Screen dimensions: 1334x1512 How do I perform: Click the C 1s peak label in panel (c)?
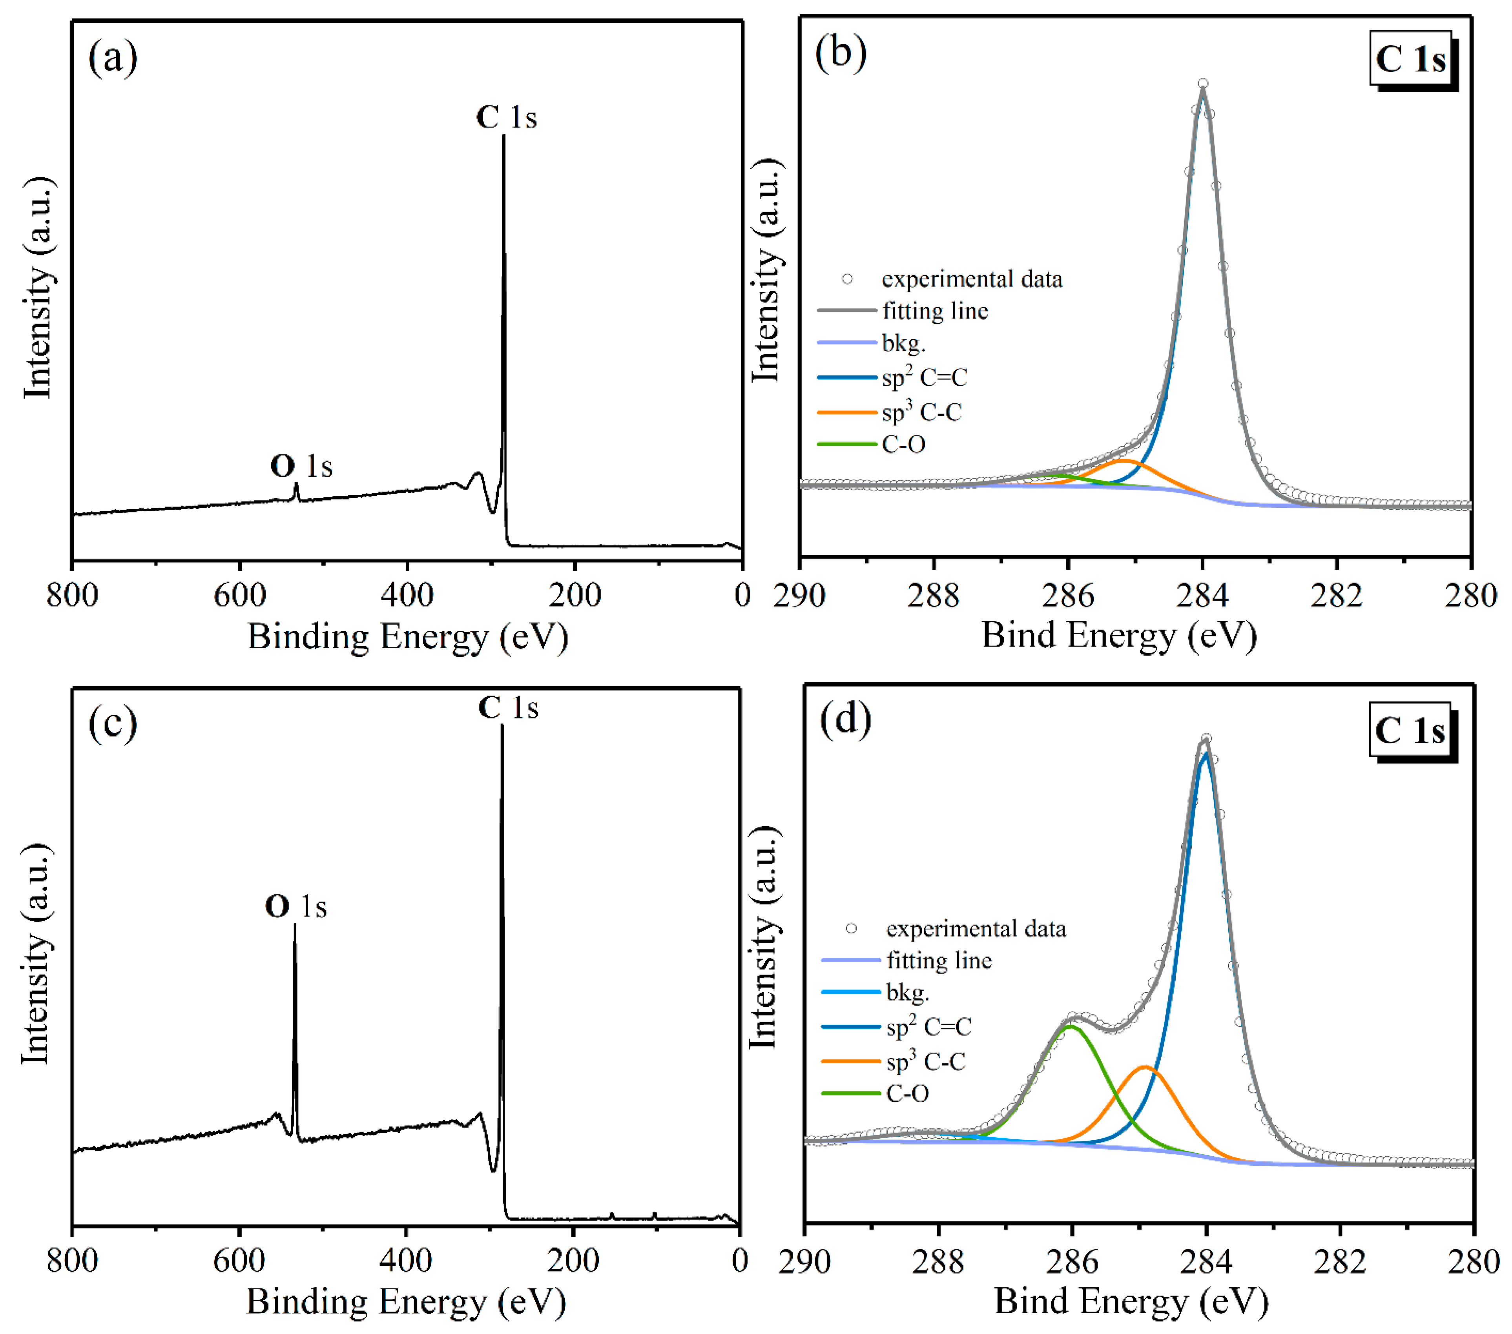[x=508, y=708]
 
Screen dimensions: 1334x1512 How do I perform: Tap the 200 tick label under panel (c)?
[x=573, y=1261]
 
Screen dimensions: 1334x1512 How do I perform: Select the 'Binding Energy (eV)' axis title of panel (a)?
[x=408, y=637]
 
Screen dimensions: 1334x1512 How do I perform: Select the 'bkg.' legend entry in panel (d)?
[x=907, y=992]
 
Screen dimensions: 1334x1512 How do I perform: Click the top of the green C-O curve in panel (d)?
[x=1069, y=1026]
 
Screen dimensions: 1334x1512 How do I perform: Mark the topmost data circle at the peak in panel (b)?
[x=1203, y=84]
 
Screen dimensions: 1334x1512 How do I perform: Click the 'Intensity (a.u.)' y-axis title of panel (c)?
[x=35, y=954]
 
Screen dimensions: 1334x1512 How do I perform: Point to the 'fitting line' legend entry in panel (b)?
[x=935, y=311]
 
